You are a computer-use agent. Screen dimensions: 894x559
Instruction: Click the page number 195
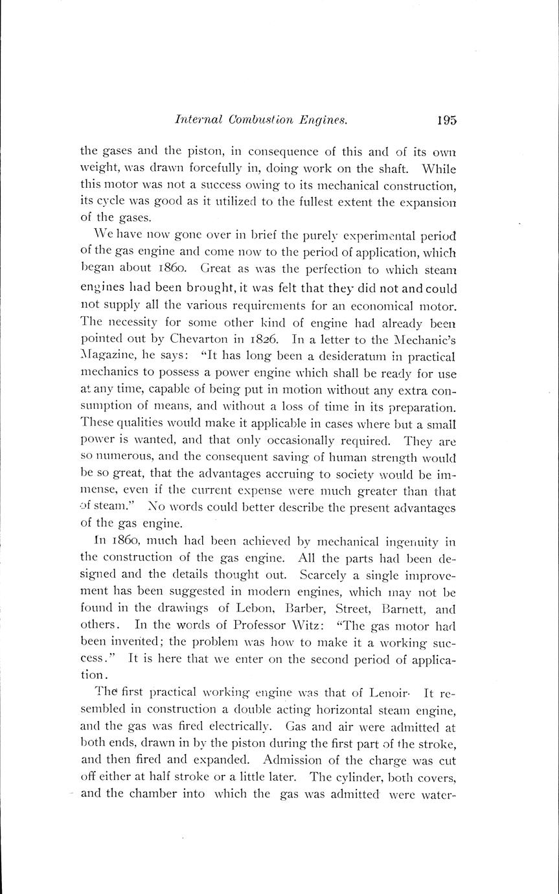[446, 120]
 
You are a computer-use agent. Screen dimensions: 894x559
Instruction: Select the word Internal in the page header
[199, 120]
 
